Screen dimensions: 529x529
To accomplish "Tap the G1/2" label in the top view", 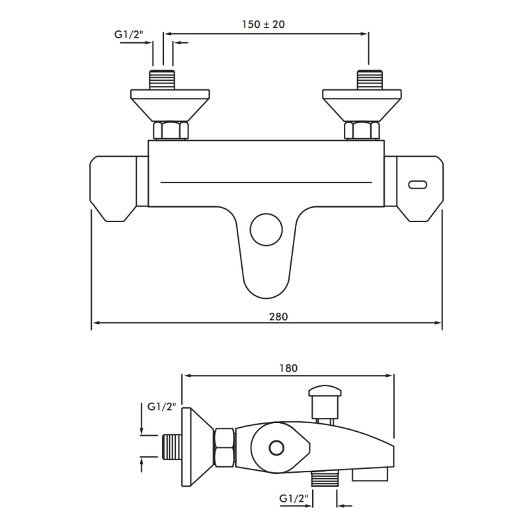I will point(125,36).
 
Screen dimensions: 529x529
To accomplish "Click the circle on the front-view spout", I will point(266,230).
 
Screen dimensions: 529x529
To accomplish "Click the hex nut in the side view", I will point(223,447).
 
